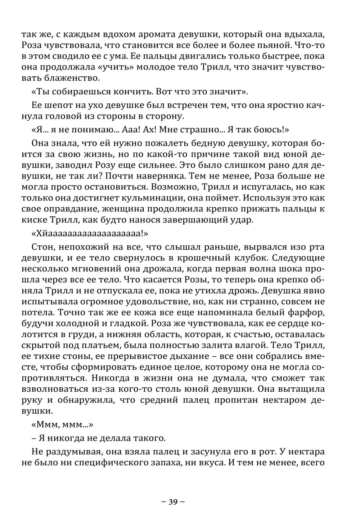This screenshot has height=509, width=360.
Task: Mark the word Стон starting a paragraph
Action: (x=42, y=247)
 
